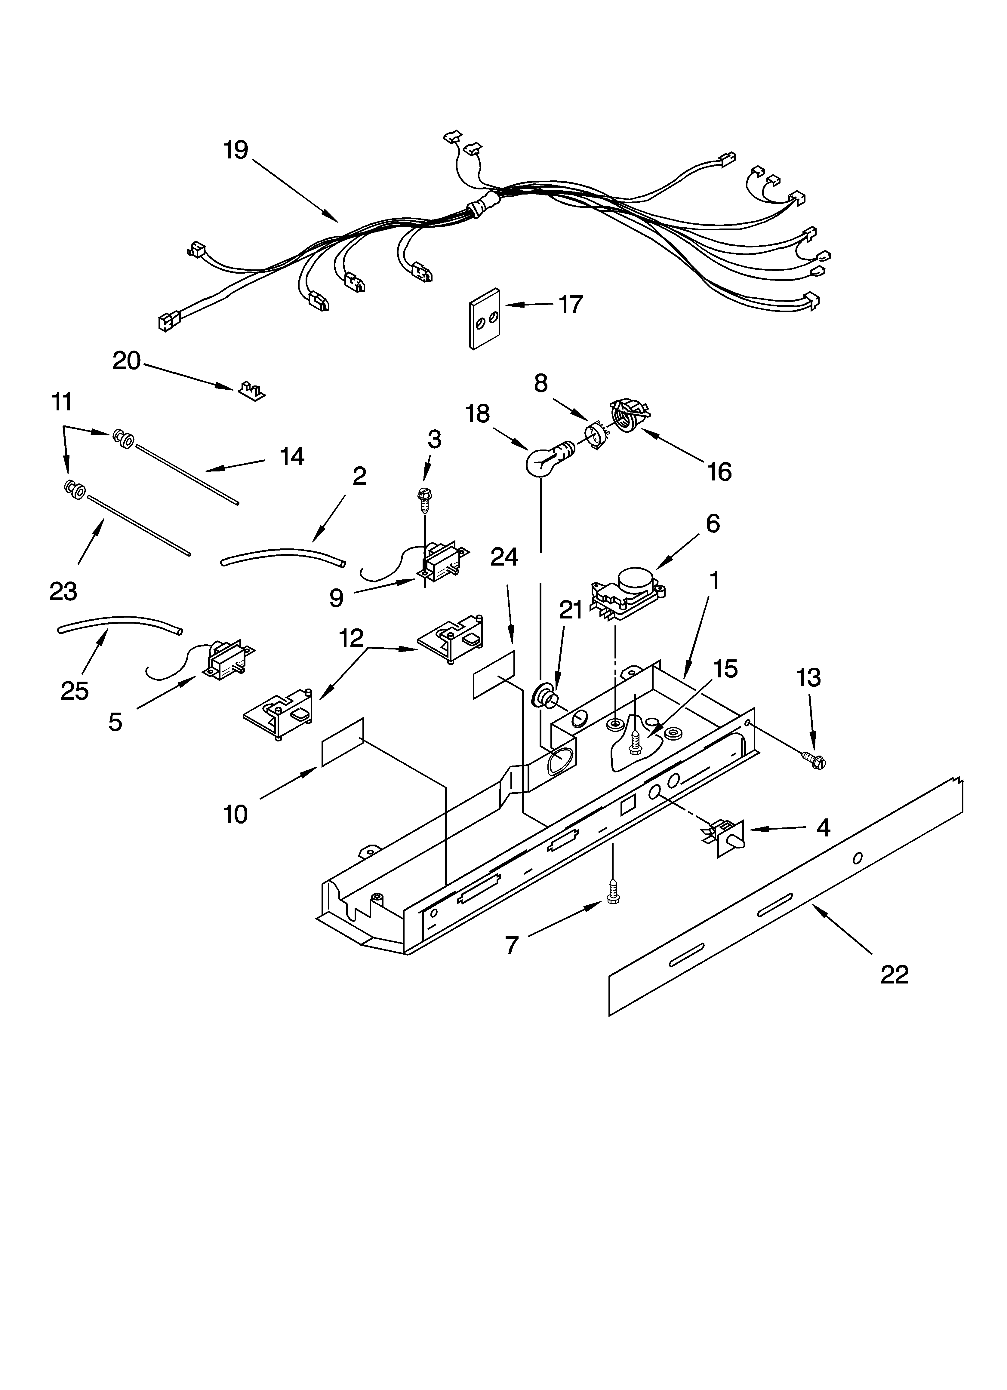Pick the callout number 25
[x=75, y=691]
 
